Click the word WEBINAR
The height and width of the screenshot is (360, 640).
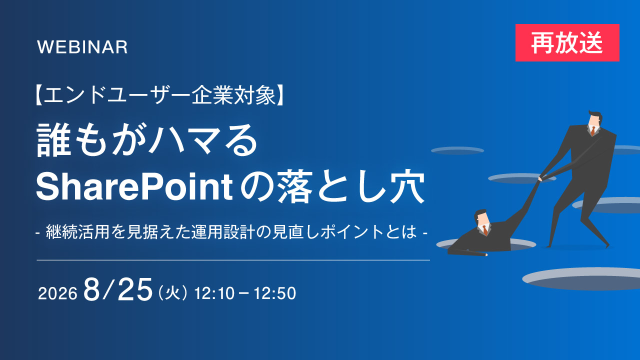click(x=82, y=47)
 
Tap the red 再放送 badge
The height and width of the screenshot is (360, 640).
click(x=567, y=43)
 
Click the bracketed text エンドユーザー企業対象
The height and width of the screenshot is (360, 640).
click(x=160, y=95)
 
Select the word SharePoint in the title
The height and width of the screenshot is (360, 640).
click(x=134, y=186)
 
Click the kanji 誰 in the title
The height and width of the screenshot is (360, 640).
click(x=54, y=140)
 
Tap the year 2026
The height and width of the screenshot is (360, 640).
click(x=57, y=293)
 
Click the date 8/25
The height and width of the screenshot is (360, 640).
click(x=117, y=289)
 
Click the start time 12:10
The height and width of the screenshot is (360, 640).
click(x=214, y=293)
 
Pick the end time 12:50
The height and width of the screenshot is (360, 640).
click(x=275, y=293)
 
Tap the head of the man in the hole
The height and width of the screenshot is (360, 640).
click(x=481, y=218)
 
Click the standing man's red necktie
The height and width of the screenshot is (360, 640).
click(x=593, y=131)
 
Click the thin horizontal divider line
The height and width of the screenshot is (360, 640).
click(x=233, y=260)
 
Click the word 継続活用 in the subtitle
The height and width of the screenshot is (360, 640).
click(x=77, y=231)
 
